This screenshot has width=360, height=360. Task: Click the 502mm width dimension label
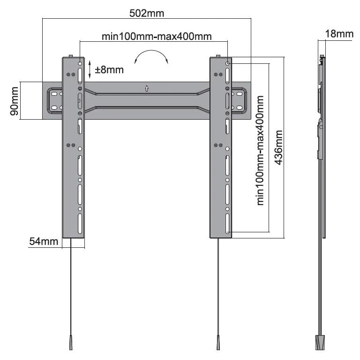(x=147, y=13)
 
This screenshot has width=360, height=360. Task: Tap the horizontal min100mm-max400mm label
(x=157, y=36)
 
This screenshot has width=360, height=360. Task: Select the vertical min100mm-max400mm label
(x=261, y=150)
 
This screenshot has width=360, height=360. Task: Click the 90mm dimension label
(x=14, y=100)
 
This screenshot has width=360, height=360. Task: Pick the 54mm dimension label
(x=43, y=242)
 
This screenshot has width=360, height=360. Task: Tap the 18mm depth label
(x=339, y=34)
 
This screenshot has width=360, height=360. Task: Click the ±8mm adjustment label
(x=109, y=70)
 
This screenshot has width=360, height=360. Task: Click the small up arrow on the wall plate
(x=147, y=88)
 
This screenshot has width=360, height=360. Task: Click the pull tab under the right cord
(x=219, y=343)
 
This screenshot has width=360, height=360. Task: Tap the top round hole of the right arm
(x=227, y=63)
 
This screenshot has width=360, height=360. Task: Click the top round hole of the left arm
(x=80, y=63)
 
